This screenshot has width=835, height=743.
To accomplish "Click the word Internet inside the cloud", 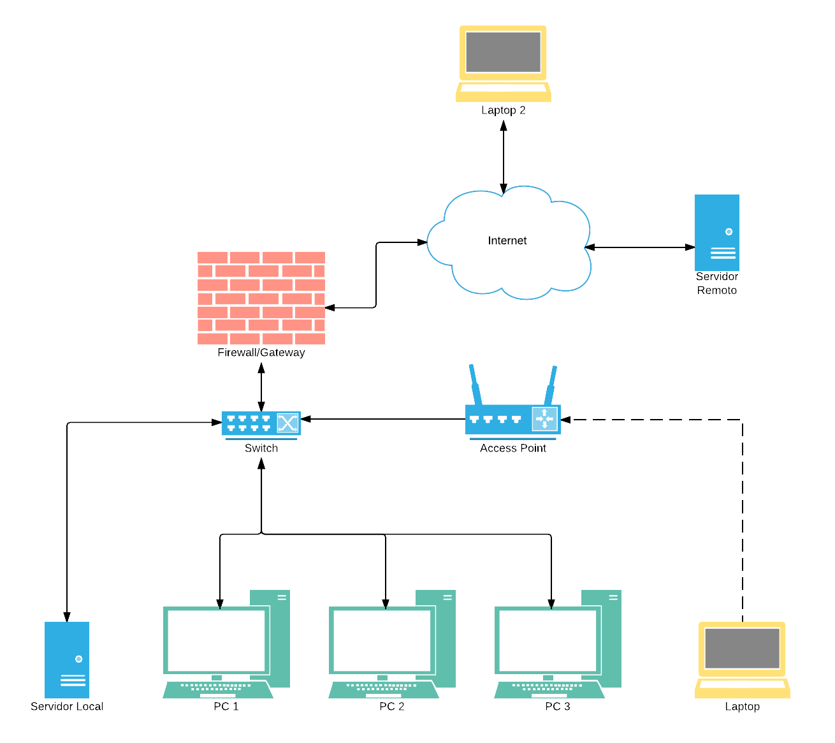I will point(507,240).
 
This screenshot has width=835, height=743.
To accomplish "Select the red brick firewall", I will point(261,298).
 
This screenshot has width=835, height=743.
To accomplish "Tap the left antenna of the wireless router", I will point(474,383).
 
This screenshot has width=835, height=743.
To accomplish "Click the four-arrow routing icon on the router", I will point(544,419).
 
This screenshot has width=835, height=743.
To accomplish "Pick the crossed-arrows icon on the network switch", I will point(287,423).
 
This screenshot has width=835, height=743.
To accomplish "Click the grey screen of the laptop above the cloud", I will point(503,52).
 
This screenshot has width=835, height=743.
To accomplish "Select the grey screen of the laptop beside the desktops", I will point(742,648).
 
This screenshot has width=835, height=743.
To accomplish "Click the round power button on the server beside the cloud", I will point(729,232).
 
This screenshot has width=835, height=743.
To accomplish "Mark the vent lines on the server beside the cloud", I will point(723,253).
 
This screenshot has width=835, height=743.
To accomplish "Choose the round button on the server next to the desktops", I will point(78,659).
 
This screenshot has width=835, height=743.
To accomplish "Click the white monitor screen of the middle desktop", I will point(382,640).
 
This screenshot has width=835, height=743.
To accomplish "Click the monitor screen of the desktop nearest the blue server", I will point(216,640).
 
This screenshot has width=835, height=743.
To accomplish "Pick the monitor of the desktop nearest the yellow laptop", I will point(548,640).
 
